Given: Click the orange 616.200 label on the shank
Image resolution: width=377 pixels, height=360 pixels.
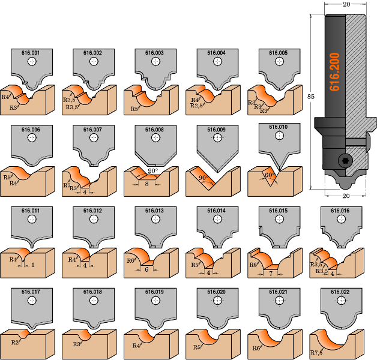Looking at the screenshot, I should coord(335,71).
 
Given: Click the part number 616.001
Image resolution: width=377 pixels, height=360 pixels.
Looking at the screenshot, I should coord(31,53).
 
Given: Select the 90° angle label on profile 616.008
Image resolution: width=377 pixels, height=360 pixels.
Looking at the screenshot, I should coord(152,171).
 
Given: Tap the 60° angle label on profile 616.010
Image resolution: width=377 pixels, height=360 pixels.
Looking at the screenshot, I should coord(271,175).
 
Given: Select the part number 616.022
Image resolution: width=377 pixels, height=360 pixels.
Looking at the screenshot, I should coord(340,292).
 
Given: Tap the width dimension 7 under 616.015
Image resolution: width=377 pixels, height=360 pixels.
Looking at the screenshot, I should coord(271,273).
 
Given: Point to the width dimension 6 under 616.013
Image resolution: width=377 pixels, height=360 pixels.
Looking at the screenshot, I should coord(146,269).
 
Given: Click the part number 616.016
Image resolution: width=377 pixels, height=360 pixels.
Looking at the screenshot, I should coord(340,211).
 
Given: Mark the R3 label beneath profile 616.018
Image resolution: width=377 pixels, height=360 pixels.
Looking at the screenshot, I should coord(76,344).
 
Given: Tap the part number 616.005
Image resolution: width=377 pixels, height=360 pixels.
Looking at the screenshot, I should coord(278,53).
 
